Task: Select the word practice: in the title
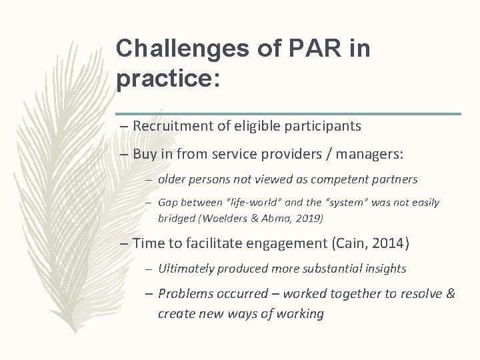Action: pos(167,79)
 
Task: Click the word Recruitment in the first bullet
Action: pos(170,125)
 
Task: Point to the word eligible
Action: pos(249,125)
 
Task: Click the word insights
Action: pos(382,269)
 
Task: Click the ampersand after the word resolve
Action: pos(450,293)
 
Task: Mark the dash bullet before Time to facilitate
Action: pos(125,243)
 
